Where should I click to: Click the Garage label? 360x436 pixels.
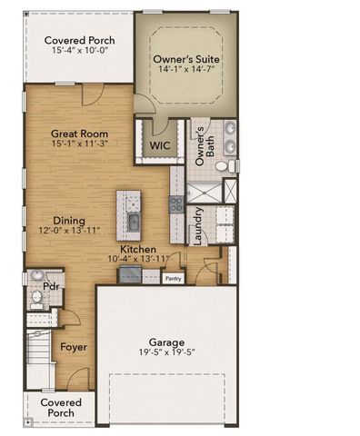tap(168, 342)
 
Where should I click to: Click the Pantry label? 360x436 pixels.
tap(173, 279)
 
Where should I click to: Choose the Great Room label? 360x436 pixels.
tap(80, 132)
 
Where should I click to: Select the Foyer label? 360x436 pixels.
tap(74, 346)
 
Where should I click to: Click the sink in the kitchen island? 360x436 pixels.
tap(133, 222)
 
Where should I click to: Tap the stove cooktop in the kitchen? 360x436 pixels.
tap(175, 205)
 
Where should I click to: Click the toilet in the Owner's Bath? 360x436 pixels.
tap(233, 166)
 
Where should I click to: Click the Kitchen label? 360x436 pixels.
tap(138, 248)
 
